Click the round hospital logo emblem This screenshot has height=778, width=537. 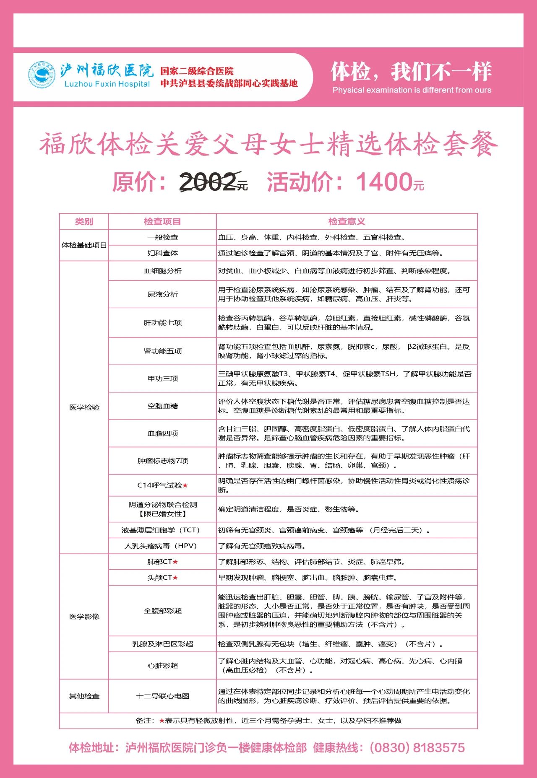42,75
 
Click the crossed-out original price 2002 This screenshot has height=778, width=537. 208,182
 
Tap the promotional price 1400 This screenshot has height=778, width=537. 384,182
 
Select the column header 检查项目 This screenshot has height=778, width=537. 162,221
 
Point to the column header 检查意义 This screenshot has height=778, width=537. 347,221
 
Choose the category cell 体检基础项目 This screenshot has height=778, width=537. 84,245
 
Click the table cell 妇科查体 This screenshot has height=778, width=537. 162,253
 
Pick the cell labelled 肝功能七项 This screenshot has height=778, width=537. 162,322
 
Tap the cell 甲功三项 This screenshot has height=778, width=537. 162,379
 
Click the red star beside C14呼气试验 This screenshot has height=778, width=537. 185,485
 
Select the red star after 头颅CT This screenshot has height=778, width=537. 175,578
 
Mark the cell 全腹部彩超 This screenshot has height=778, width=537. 162,611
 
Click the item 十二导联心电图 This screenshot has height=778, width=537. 162,696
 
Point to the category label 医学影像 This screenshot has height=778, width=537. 84,617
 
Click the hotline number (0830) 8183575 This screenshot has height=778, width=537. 417,748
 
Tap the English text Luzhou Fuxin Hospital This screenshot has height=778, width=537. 107,84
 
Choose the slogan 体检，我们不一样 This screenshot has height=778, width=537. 411,72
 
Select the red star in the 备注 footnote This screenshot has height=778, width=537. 162,721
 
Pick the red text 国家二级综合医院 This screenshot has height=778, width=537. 197,71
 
